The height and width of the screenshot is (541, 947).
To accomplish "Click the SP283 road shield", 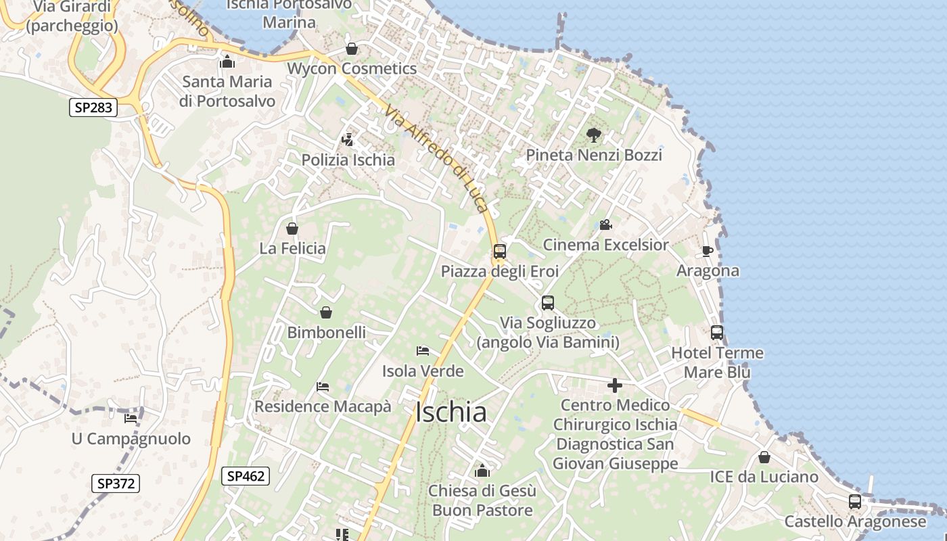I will pyautogui.click(x=93, y=107).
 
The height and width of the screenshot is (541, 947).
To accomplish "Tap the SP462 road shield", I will pyautogui.click(x=246, y=476).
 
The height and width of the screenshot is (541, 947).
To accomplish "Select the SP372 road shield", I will pyautogui.click(x=116, y=484).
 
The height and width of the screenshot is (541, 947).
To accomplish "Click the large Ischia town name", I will pyautogui.click(x=451, y=413).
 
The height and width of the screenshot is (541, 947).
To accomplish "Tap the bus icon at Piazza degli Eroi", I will pyautogui.click(x=500, y=252).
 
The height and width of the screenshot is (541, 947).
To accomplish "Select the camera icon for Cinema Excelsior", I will pyautogui.click(x=605, y=225).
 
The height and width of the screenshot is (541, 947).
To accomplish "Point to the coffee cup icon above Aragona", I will pyautogui.click(x=708, y=252).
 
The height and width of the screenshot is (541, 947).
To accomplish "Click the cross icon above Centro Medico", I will pyautogui.click(x=615, y=385).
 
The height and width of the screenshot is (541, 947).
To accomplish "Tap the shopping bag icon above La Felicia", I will pyautogui.click(x=292, y=229).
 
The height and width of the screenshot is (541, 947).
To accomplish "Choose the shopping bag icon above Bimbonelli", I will pyautogui.click(x=326, y=312).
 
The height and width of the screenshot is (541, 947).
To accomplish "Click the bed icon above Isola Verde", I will pyautogui.click(x=423, y=351).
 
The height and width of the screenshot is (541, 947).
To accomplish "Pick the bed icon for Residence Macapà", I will pyautogui.click(x=323, y=387).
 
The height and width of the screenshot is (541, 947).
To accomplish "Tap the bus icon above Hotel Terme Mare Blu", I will pyautogui.click(x=717, y=333).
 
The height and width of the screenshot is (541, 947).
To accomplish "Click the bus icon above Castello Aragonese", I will pyautogui.click(x=855, y=502).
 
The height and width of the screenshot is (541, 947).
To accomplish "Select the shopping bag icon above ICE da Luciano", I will pyautogui.click(x=764, y=457).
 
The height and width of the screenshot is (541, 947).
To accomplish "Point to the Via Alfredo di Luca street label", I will pyautogui.click(x=436, y=160).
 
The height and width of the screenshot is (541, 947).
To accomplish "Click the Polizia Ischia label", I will pyautogui.click(x=348, y=160).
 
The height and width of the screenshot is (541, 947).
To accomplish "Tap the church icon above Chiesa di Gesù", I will pyautogui.click(x=482, y=471).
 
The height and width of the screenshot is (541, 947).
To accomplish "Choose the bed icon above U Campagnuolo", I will pyautogui.click(x=131, y=419).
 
